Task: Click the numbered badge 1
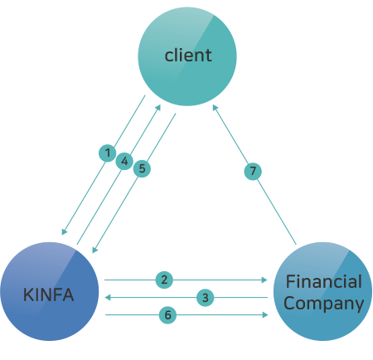coord(108,153)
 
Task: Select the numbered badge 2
coord(164,280)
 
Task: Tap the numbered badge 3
coord(205,298)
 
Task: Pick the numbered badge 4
coord(124,161)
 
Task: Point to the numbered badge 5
coord(142,168)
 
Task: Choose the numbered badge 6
coord(167,315)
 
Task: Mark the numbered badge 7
coord(253,171)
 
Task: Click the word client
coord(188,55)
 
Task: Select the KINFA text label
coord(48,294)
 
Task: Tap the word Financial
coord(323,281)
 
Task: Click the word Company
coord(323,304)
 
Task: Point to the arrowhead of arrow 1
coord(64,231)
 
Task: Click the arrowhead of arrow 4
coord(158,108)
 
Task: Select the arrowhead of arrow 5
coord(94,250)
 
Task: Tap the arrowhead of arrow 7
coord(215,108)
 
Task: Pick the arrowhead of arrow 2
coord(264,280)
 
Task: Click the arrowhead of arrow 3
coord(108,298)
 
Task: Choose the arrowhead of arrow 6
coord(265,314)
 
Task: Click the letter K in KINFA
coord(28,294)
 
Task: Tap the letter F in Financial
coord(290,281)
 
